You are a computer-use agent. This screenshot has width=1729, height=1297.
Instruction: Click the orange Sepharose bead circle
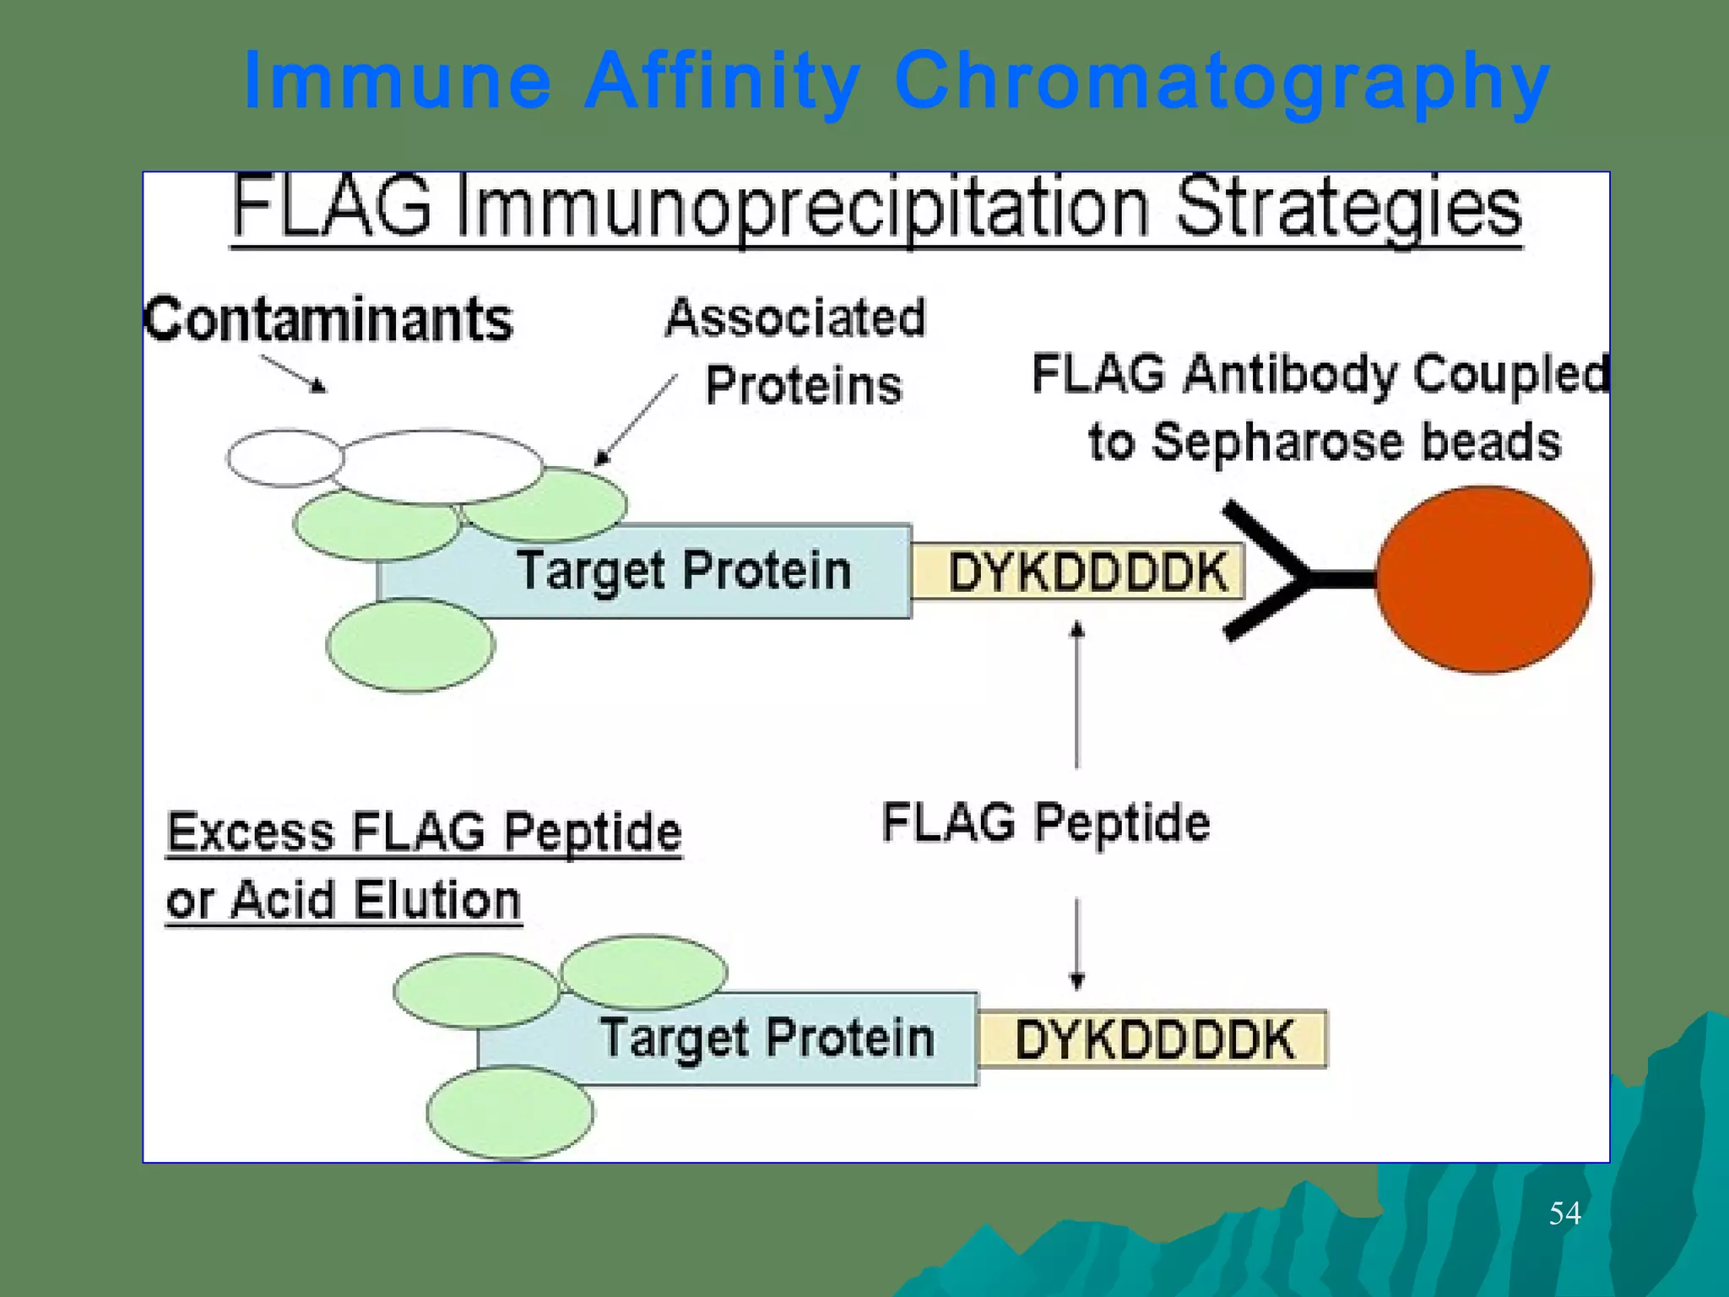pyautogui.click(x=1483, y=579)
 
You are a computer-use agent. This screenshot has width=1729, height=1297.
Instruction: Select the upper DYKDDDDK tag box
pyautogui.click(x=1077, y=572)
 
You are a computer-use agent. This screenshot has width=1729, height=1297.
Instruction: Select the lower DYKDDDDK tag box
pyautogui.click(x=1153, y=1039)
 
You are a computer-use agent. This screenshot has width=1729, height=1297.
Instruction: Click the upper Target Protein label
pyautogui.click(x=684, y=571)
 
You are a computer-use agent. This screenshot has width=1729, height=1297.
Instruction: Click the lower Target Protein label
pyautogui.click(x=767, y=1038)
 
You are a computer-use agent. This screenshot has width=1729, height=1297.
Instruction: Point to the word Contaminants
pyautogui.click(x=328, y=320)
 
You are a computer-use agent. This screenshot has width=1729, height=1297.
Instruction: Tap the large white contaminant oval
pyautogui.click(x=441, y=466)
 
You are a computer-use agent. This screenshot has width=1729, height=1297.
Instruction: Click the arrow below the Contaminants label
pyautogui.click(x=293, y=373)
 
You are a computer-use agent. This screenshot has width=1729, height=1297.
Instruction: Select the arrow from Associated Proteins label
pyautogui.click(x=635, y=421)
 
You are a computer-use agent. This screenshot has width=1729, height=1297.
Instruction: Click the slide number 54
pyautogui.click(x=1564, y=1213)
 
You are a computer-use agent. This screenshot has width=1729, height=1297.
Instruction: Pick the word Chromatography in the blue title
pyautogui.click(x=1221, y=81)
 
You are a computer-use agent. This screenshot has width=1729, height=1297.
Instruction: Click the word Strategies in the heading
pyautogui.click(x=1347, y=208)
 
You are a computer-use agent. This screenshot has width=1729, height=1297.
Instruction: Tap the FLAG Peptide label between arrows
pyautogui.click(x=1045, y=822)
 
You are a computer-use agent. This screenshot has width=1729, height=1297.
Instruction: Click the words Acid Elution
pyautogui.click(x=375, y=900)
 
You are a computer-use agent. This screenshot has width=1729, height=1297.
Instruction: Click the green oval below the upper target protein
pyautogui.click(x=410, y=646)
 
